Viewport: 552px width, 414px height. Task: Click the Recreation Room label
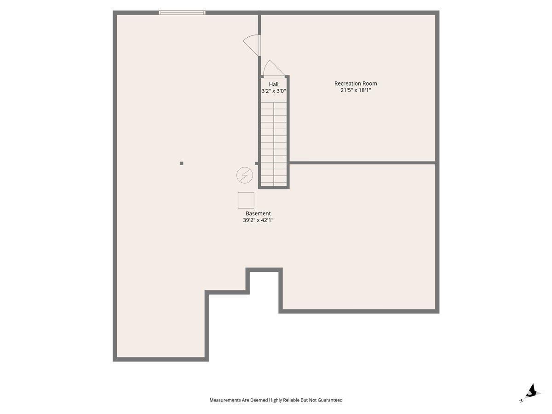coord(355,83)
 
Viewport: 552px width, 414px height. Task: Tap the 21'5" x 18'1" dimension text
coord(356,90)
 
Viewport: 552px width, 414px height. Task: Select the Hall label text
coord(274,84)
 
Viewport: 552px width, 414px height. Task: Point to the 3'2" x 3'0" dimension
coord(274,91)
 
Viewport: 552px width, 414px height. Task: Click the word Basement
coord(258,213)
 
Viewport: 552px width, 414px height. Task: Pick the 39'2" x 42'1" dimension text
coord(258,220)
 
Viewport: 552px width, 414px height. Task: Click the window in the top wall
coord(182,12)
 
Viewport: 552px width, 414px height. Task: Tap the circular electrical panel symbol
coord(245,175)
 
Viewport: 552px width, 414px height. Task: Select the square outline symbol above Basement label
coord(246,201)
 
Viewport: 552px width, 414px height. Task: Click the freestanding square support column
coord(181,163)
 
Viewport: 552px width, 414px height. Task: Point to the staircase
coord(274,144)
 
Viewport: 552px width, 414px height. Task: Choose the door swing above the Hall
coord(274,69)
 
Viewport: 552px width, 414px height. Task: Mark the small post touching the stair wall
coord(257,163)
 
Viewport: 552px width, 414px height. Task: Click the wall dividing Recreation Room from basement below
coord(362,163)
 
